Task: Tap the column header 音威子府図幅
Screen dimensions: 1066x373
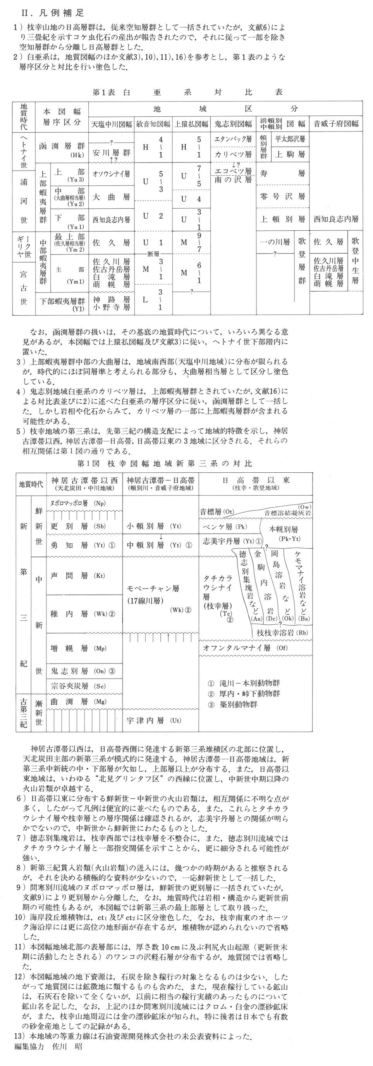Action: point(336,124)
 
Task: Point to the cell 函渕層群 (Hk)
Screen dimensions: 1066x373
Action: point(62,149)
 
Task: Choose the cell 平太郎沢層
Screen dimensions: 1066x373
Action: point(289,139)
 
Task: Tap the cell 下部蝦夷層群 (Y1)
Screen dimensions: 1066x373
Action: point(62,303)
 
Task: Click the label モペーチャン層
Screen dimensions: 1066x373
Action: point(153,588)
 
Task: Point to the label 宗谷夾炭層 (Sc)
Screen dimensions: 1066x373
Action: point(78,686)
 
